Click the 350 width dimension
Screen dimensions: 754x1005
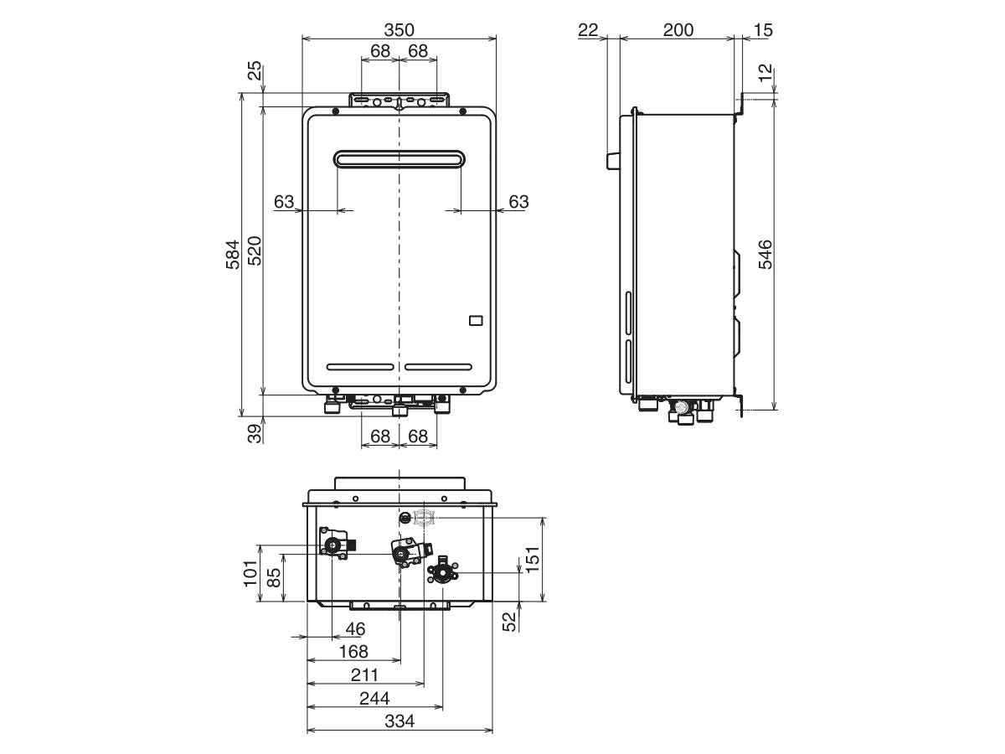399,30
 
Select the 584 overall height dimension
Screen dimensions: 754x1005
233,254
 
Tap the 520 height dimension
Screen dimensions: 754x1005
255,250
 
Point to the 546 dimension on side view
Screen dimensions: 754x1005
765,254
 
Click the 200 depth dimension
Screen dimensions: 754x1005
678,30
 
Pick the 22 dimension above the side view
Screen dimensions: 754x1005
588,30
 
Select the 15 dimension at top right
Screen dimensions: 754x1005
762,30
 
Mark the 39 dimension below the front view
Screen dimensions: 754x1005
255,432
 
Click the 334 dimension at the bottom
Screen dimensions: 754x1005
399,721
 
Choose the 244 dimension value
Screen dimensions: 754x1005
374,698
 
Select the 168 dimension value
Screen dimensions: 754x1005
353,651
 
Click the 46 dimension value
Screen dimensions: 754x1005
355,628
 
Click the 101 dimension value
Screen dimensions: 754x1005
250,573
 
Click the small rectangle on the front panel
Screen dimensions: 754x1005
475,320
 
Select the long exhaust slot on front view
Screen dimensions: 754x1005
399,158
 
